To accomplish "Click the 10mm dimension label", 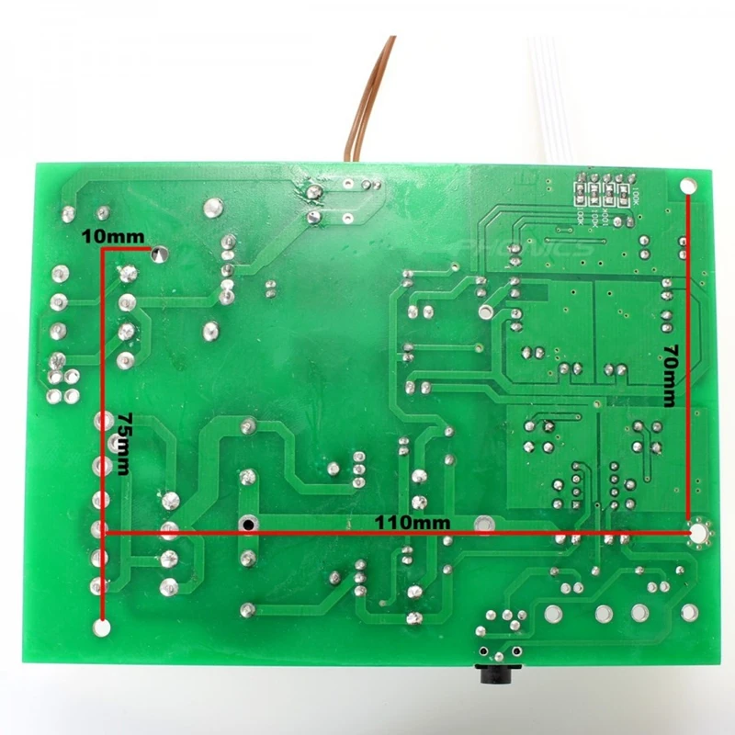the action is point(113,236).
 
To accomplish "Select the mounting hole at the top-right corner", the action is point(687,187).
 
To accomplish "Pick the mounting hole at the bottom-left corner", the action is point(103,628).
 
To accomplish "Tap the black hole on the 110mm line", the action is point(247,525).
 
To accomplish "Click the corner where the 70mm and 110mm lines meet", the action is point(689,532).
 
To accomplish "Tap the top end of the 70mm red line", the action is point(689,198).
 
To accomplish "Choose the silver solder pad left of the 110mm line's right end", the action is point(481,525).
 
